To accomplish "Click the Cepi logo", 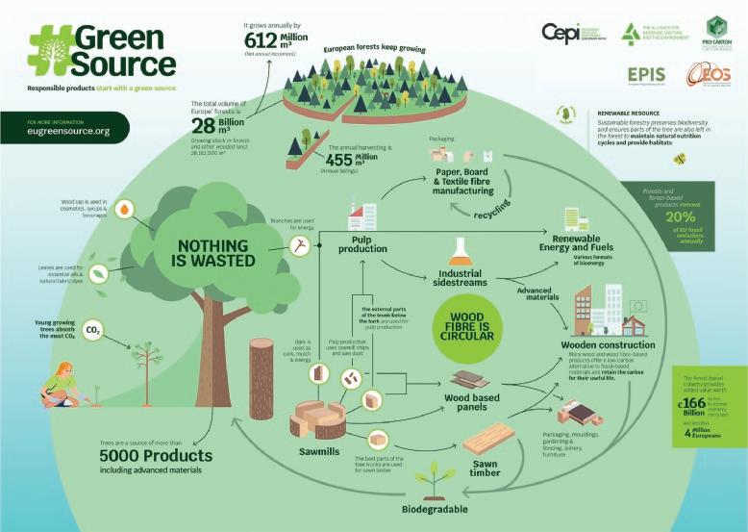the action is pyautogui.click(x=561, y=32).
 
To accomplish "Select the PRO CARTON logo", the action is pyautogui.click(x=712, y=33).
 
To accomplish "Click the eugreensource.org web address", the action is pyautogui.click(x=69, y=131).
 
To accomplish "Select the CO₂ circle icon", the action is pyautogui.click(x=94, y=330).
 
